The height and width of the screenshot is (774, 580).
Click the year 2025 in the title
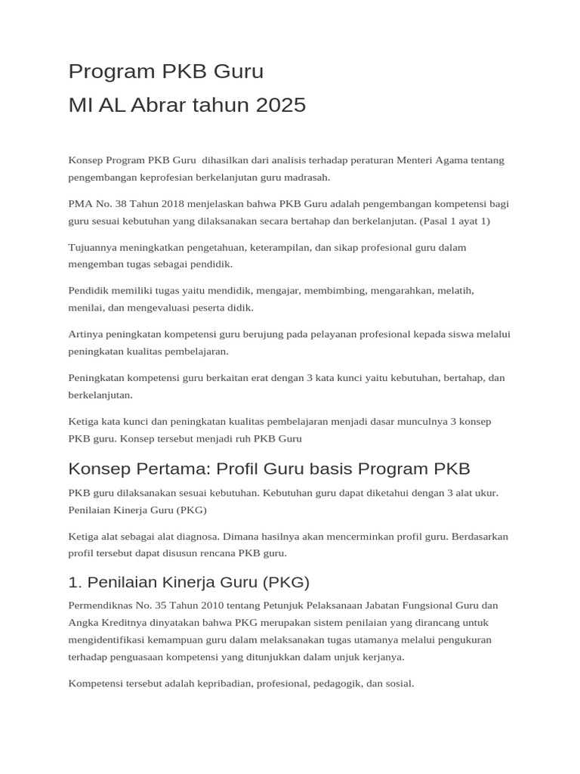click(281, 105)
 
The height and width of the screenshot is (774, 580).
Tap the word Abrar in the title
click(156, 105)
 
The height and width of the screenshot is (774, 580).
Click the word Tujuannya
click(93, 247)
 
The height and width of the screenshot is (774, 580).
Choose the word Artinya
click(85, 334)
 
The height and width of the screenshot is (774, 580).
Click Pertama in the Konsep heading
click(171, 469)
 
